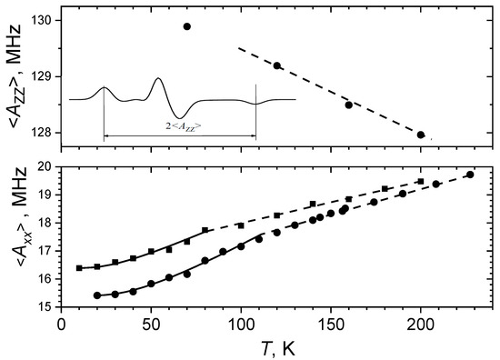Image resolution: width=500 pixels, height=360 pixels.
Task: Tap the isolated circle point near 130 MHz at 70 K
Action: click(187, 26)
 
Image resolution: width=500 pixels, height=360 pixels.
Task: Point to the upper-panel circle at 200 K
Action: click(421, 135)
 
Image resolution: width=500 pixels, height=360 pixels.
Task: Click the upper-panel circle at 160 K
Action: click(349, 105)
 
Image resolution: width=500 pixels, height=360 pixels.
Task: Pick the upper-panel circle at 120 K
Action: click(277, 65)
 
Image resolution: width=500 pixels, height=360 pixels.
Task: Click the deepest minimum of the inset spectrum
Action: click(183, 117)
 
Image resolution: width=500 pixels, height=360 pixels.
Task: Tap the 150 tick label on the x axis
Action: click(331, 323)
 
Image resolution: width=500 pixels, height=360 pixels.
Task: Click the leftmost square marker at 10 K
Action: click(79, 268)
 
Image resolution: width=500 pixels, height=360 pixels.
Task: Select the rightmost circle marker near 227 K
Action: click(470, 175)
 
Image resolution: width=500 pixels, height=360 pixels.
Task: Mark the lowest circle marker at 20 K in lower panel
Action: click(97, 295)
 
